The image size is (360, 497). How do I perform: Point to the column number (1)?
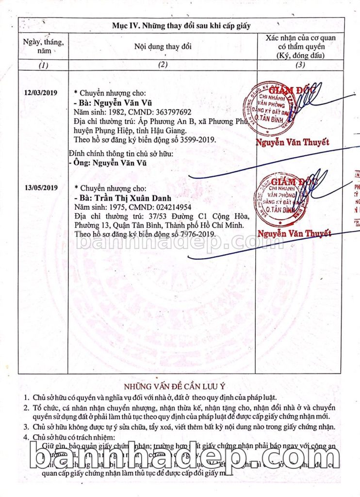(x=44, y=65)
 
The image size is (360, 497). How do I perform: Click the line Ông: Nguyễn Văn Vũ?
(x=109, y=163)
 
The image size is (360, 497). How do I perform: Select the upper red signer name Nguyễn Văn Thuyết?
(x=293, y=142)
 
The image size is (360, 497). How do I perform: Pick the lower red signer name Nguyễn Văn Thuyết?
(x=295, y=233)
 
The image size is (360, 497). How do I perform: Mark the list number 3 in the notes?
(x=27, y=427)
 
